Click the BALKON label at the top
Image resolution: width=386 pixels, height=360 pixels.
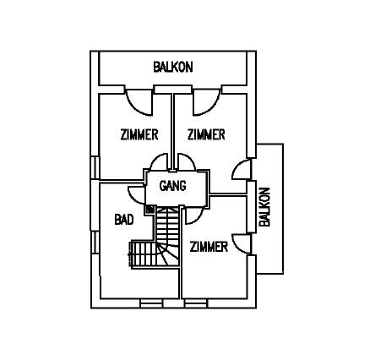(173, 67)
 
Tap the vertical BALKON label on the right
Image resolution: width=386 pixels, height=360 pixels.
(264, 207)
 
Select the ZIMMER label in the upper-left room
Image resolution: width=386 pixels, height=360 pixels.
(139, 134)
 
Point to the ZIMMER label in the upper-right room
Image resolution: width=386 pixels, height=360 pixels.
(206, 134)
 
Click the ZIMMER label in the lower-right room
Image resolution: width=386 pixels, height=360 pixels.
(209, 247)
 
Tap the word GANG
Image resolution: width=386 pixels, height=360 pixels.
(172, 186)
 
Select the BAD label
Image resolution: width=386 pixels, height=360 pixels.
(124, 220)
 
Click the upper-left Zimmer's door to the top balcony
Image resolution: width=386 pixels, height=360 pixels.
(139, 102)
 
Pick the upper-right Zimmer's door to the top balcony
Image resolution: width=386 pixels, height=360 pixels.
(206, 102)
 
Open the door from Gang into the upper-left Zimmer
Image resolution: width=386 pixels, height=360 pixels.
(160, 162)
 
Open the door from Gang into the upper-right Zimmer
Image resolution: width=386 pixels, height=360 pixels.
(187, 162)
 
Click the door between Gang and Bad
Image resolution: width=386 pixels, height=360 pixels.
(137, 195)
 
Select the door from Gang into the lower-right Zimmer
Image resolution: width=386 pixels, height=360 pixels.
(193, 215)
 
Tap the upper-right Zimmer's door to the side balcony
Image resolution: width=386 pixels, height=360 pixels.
(242, 170)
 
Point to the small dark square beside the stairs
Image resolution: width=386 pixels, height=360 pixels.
(150, 209)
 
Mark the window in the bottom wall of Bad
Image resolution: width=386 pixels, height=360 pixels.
(151, 303)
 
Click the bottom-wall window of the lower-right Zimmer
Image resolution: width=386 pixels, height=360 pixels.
(196, 303)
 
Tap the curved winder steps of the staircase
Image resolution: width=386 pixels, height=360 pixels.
(167, 254)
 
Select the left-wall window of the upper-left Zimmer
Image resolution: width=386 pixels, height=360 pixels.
(95, 168)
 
